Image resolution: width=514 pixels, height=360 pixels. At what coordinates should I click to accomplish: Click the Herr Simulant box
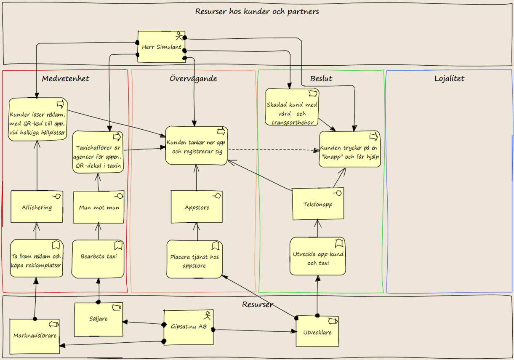[x=161, y=47]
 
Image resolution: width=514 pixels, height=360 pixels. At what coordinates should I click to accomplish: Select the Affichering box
[x=37, y=207]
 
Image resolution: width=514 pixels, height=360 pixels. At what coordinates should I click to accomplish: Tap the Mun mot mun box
[x=99, y=207]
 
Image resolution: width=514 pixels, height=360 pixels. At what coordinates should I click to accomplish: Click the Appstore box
[x=197, y=207]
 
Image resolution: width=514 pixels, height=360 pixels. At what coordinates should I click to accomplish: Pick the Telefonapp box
[x=318, y=204]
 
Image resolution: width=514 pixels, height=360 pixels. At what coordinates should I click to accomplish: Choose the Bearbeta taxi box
[x=98, y=259]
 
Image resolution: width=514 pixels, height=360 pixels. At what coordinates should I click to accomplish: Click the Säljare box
[x=99, y=320]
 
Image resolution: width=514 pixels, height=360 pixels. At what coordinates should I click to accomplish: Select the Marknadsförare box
[x=35, y=336]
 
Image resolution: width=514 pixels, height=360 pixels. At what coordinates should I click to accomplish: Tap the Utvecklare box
[x=317, y=331]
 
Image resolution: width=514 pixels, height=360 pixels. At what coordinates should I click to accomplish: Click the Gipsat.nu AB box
[x=189, y=328]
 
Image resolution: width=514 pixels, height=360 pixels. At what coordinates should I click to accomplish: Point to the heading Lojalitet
[x=449, y=78]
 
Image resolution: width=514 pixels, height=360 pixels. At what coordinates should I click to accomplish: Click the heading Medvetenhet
[x=65, y=78]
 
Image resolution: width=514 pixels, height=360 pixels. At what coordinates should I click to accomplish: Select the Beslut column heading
[x=321, y=78]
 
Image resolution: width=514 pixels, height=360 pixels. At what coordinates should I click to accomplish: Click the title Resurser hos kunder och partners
[x=257, y=11]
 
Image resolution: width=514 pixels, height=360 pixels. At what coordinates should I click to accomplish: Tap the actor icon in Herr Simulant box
[x=179, y=36]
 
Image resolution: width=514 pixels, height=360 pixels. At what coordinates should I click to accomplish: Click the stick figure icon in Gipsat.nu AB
[x=207, y=316]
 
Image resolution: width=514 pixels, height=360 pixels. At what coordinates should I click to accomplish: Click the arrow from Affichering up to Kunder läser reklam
[x=37, y=165]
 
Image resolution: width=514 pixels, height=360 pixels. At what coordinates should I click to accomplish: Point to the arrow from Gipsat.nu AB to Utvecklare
[x=255, y=331]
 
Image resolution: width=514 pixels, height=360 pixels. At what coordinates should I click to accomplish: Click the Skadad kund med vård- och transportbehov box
[x=292, y=107]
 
